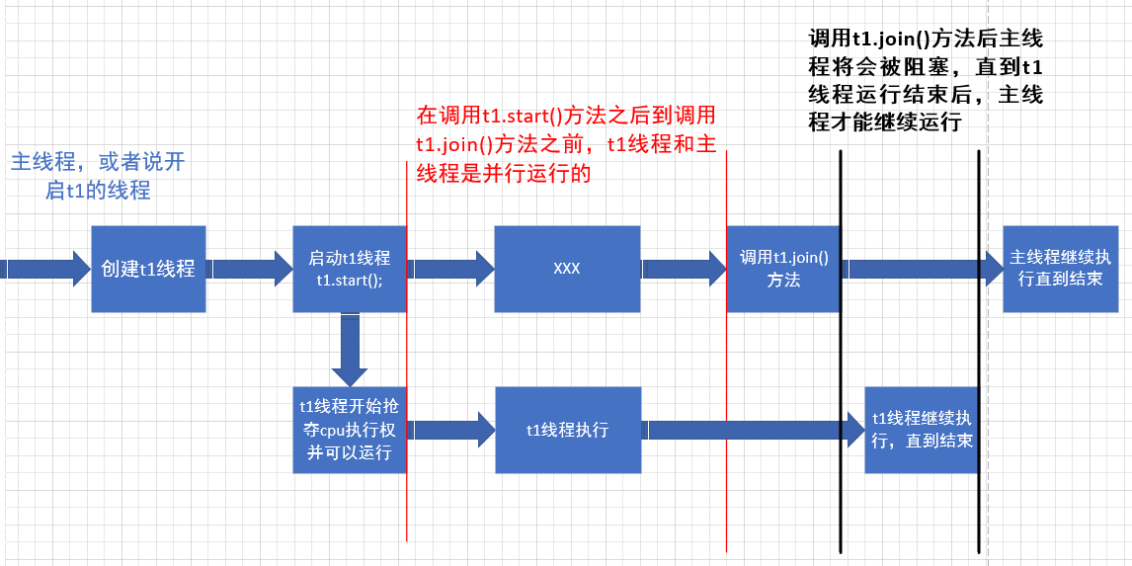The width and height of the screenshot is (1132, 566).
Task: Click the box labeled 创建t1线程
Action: (148, 269)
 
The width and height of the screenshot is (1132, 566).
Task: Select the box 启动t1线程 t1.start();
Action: (350, 269)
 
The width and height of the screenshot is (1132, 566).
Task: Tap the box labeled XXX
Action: (567, 269)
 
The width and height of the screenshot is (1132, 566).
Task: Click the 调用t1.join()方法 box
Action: (783, 269)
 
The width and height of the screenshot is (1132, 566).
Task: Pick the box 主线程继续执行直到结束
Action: (1060, 269)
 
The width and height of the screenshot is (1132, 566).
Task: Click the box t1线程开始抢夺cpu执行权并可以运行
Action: (350, 430)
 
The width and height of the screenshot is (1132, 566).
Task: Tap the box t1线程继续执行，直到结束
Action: (921, 430)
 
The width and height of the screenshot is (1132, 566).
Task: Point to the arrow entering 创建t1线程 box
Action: (44, 269)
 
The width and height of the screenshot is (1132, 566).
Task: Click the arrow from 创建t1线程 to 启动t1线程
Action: (249, 269)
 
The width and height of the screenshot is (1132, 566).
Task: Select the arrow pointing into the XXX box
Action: (452, 269)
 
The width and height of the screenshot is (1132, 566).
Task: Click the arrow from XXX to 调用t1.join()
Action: (684, 269)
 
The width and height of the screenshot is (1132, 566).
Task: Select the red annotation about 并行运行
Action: (566, 144)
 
